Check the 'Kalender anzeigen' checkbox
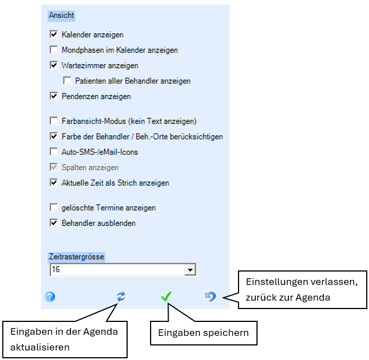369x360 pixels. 54,34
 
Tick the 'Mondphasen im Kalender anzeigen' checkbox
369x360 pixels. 54,50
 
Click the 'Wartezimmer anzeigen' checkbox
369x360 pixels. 54,65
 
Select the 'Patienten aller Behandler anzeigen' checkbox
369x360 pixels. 67,81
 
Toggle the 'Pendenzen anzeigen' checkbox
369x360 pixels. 54,96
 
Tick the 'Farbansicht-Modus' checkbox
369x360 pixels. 54,121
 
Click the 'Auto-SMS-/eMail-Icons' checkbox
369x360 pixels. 54,152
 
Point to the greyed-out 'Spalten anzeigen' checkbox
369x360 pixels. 54,167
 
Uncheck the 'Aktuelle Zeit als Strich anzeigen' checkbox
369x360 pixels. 54,183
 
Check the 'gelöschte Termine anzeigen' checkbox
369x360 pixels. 54,208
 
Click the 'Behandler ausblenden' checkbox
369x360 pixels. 54,223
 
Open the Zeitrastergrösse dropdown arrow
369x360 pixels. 190,270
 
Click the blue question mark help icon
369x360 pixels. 50,297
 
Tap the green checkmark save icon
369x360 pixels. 166,297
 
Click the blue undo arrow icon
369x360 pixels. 211,297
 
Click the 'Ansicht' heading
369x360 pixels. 62,15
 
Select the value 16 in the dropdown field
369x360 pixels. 56,269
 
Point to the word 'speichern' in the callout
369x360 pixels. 226,333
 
